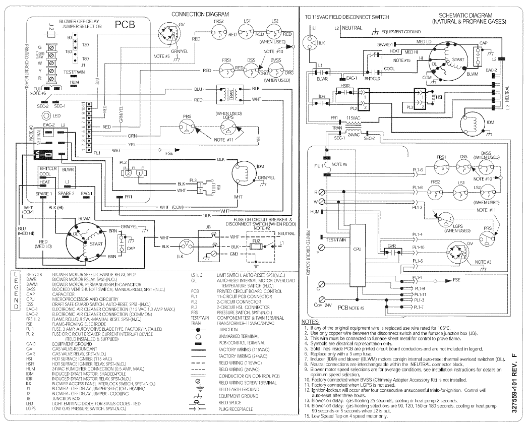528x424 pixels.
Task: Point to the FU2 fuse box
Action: pyautogui.click(x=256, y=241)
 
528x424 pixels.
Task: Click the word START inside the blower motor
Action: pyautogui.click(x=96, y=244)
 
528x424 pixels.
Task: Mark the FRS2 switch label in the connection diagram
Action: pyautogui.click(x=218, y=22)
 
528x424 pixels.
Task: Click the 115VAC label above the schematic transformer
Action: pyautogui.click(x=353, y=118)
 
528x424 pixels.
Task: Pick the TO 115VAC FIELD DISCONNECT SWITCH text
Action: pyautogui.click(x=347, y=17)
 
